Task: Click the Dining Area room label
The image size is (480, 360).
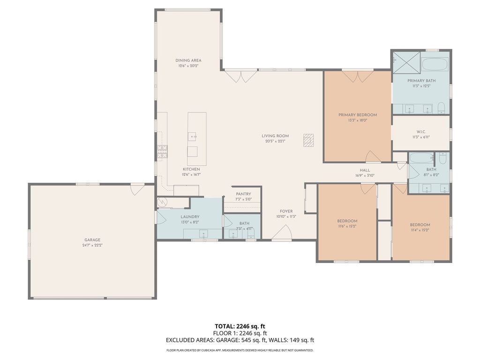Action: point(188,60)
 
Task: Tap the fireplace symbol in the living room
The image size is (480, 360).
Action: point(308,140)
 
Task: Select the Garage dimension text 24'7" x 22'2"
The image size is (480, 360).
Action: point(92,245)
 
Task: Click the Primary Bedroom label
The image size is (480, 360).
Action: point(358,115)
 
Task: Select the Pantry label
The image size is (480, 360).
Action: point(243,194)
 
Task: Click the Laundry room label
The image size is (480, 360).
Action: point(190,217)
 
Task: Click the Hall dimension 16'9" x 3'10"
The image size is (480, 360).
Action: point(365,176)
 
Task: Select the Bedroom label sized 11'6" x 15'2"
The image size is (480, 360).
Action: point(347,221)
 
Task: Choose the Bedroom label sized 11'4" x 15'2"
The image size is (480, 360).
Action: point(420,225)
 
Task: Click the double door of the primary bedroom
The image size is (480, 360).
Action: point(357,75)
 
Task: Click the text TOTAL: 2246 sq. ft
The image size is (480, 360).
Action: point(240,326)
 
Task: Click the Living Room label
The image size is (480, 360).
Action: point(275,136)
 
